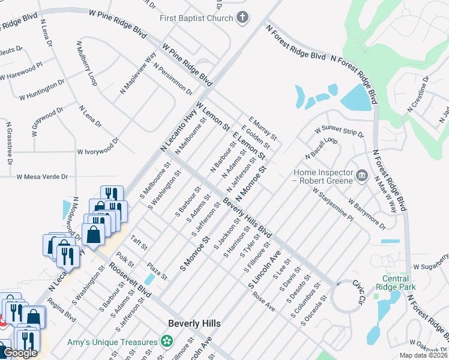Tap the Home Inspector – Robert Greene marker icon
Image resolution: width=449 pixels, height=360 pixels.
tap(361, 175)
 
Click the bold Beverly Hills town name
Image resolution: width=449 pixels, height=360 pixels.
tap(194, 323)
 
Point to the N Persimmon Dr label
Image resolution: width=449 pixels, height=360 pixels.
tap(173, 79)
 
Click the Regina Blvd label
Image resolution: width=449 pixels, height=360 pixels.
tap(62, 310)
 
